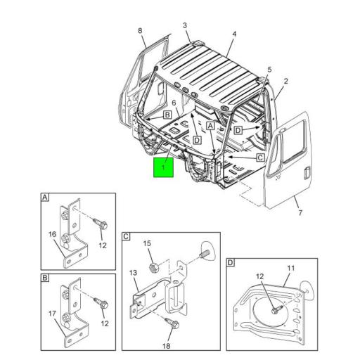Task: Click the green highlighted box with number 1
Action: [x=164, y=167]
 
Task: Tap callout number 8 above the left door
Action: [x=140, y=30]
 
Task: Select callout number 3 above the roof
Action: [x=186, y=25]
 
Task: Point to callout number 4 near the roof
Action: [x=234, y=33]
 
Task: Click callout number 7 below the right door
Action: [x=269, y=70]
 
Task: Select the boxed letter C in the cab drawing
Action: [x=259, y=158]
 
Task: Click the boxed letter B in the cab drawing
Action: [x=167, y=115]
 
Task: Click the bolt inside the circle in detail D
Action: [x=273, y=307]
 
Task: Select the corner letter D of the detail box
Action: [x=231, y=264]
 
